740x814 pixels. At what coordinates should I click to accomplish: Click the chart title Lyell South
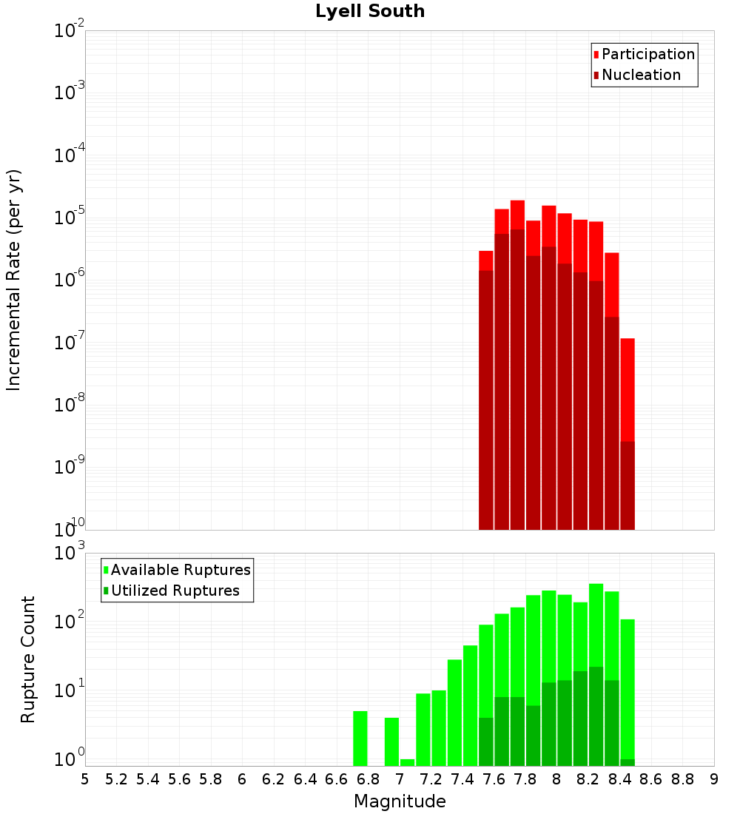(370, 11)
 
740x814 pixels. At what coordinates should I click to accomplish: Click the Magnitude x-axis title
(400, 801)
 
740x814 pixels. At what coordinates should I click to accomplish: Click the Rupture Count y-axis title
(28, 659)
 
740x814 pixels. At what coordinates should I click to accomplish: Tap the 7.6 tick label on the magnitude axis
(494, 779)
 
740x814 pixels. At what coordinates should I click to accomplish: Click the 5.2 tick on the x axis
(117, 779)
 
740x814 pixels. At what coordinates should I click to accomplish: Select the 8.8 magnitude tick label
(683, 779)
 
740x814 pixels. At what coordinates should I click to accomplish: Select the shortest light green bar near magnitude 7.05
(407, 762)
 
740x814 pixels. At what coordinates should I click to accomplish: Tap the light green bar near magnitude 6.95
(391, 741)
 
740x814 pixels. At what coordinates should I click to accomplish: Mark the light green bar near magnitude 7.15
(423, 730)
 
